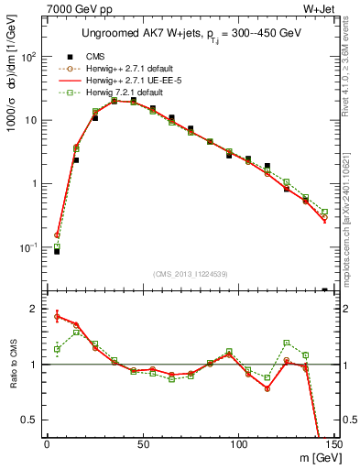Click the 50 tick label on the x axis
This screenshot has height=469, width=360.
point(142,444)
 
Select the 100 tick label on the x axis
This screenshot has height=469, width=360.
point(238,444)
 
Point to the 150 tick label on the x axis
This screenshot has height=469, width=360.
point(333,444)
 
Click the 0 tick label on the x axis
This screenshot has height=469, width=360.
point(47,444)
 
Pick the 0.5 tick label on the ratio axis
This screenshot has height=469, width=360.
point(28,420)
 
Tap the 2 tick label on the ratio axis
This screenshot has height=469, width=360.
point(33,309)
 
